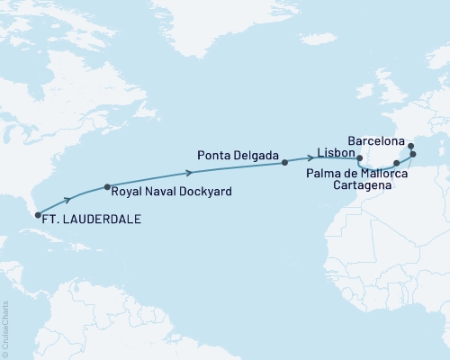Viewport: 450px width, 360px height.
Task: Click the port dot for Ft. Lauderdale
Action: (x=37, y=214)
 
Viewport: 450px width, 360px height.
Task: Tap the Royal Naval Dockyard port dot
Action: (x=107, y=187)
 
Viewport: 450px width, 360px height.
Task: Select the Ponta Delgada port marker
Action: (x=284, y=163)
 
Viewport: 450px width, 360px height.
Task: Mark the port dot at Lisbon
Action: (x=359, y=159)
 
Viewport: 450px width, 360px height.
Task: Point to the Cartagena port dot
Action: (x=397, y=164)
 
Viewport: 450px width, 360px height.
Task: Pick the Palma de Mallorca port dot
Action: (x=413, y=155)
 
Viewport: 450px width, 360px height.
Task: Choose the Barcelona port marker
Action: (x=409, y=146)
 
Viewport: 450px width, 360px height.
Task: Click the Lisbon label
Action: (x=335, y=156)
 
